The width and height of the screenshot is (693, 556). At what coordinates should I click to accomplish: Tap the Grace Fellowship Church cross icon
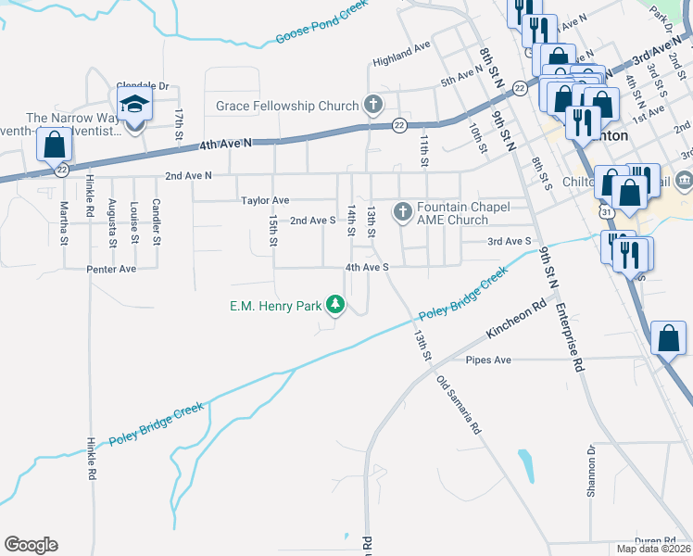(x=373, y=104)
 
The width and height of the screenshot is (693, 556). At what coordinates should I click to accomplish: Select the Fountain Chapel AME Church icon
(x=402, y=212)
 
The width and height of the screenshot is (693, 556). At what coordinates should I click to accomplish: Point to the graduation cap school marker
(x=134, y=106)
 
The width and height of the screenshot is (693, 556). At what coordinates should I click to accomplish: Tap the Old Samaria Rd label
(x=460, y=405)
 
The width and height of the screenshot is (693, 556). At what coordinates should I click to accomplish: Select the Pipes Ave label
(x=488, y=360)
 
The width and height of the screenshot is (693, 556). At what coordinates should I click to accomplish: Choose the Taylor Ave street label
(x=265, y=200)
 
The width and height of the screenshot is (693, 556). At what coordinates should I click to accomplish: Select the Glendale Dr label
(x=144, y=86)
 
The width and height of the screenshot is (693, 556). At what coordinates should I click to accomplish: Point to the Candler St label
(x=156, y=222)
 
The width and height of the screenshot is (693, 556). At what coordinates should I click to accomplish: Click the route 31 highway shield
(x=604, y=212)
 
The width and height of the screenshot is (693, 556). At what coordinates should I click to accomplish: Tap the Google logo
(x=31, y=545)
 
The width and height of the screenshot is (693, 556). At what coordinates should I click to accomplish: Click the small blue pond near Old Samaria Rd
(x=526, y=465)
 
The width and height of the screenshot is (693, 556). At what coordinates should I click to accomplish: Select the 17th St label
(x=178, y=125)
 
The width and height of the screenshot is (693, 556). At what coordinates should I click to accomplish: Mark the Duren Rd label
(x=654, y=540)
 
